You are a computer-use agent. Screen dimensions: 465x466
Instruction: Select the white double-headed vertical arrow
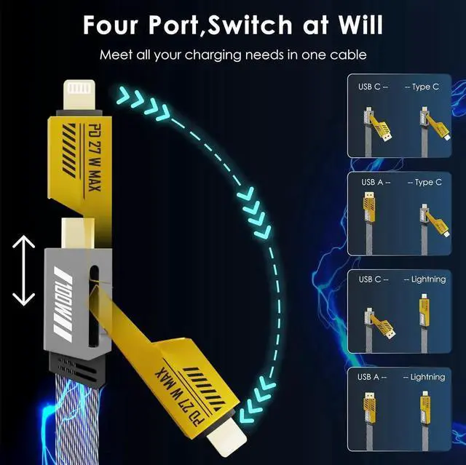pyautogui.click(x=24, y=270)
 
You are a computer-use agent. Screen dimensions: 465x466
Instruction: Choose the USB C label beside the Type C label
pyautogui.click(x=372, y=87)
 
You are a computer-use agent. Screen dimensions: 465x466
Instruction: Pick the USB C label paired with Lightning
pyautogui.click(x=372, y=279)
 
